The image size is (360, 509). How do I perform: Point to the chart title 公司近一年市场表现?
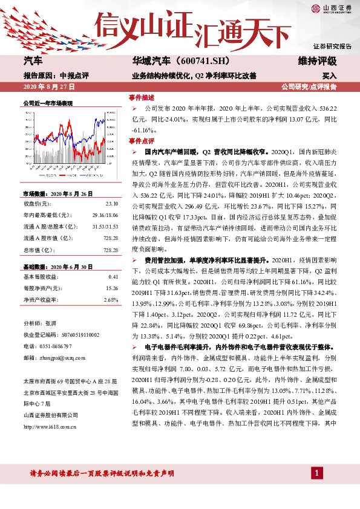pyautogui.click(x=48, y=103)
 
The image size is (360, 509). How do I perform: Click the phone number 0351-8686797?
pyautogui.click(x=57, y=346)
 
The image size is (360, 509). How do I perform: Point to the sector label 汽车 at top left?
pyautogui.click(x=33, y=62)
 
